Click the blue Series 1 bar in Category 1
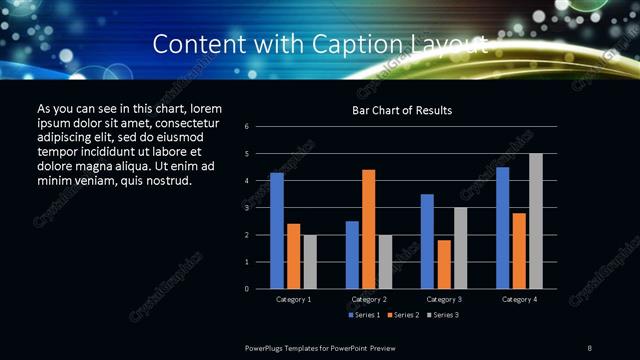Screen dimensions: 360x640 pyautogui.click(x=277, y=231)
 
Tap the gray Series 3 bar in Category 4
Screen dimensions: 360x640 pyautogui.click(x=535, y=221)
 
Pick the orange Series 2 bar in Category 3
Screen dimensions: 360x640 pyautogui.click(x=444, y=264)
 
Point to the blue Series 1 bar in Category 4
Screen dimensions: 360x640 pyautogui.click(x=502, y=228)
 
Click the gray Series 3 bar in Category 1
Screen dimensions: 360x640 pyautogui.click(x=310, y=262)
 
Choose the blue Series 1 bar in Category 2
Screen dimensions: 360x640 pyautogui.click(x=352, y=255)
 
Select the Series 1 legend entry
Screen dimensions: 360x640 pyautogui.click(x=365, y=315)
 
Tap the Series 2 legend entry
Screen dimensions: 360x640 pyautogui.click(x=402, y=315)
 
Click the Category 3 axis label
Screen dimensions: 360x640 pyautogui.click(x=443, y=299)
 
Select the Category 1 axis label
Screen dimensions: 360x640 pyautogui.click(x=293, y=299)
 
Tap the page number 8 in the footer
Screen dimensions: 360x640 pyautogui.click(x=590, y=346)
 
